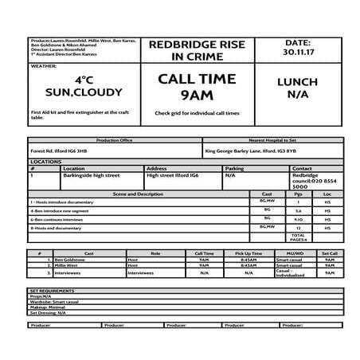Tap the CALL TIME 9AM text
tap(197, 87)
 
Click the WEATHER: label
tap(44, 67)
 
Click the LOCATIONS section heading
tap(45, 162)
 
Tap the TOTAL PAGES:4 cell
tap(299, 237)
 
